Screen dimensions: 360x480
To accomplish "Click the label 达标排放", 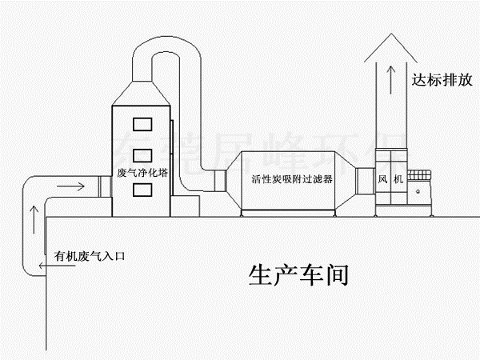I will tap(438, 80).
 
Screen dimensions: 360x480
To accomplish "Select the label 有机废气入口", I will tap(90, 257).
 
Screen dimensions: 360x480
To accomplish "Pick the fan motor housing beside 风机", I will tap(420, 188).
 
